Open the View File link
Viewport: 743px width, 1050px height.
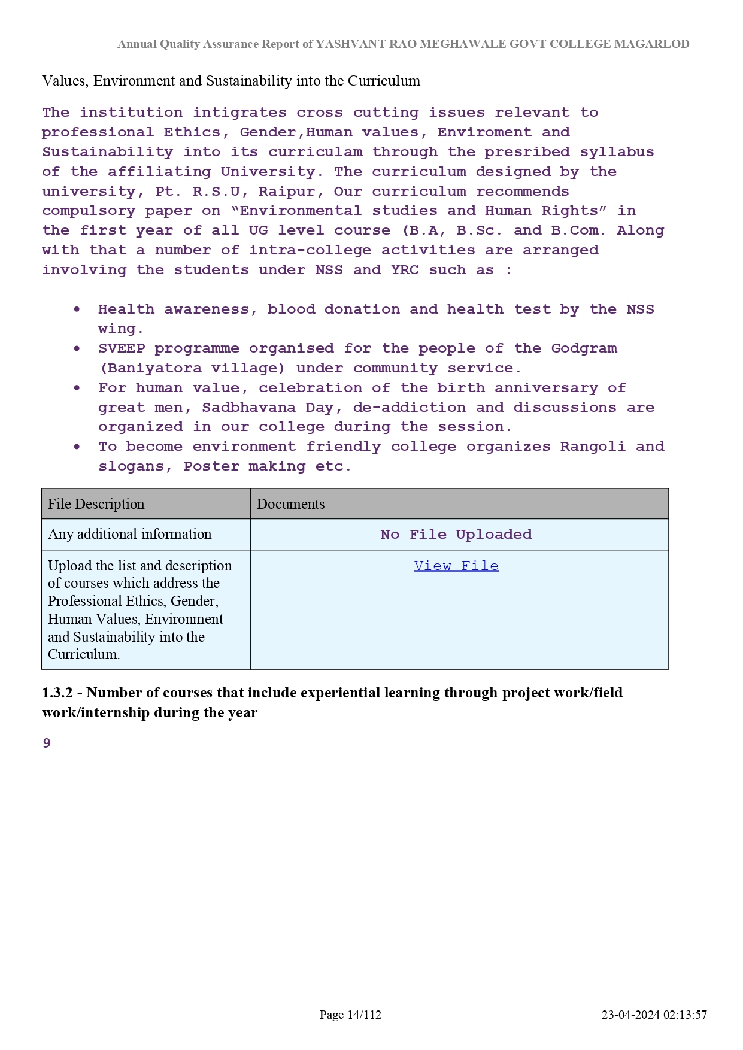pyautogui.click(x=456, y=566)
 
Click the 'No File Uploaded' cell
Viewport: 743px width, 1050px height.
pyautogui.click(x=456, y=535)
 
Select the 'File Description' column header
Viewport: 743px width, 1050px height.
pyautogui.click(x=96, y=504)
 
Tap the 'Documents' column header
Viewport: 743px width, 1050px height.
pyautogui.click(x=291, y=504)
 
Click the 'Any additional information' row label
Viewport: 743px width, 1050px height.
pyautogui.click(x=130, y=534)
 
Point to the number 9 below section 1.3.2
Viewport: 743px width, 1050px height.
pyautogui.click(x=47, y=744)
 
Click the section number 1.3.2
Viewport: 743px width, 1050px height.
pyautogui.click(x=57, y=693)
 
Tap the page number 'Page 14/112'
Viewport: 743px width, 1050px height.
pyautogui.click(x=350, y=1015)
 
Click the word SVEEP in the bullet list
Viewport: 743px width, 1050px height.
pyautogui.click(x=122, y=348)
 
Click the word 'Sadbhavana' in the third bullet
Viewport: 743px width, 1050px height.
pyautogui.click(x=248, y=408)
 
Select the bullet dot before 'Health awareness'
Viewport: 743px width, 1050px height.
pyautogui.click(x=77, y=309)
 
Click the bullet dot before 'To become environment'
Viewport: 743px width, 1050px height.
pyautogui.click(x=77, y=447)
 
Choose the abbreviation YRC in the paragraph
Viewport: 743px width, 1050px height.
pyautogui.click(x=405, y=270)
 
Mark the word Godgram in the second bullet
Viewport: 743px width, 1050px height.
pyautogui.click(x=584, y=348)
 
